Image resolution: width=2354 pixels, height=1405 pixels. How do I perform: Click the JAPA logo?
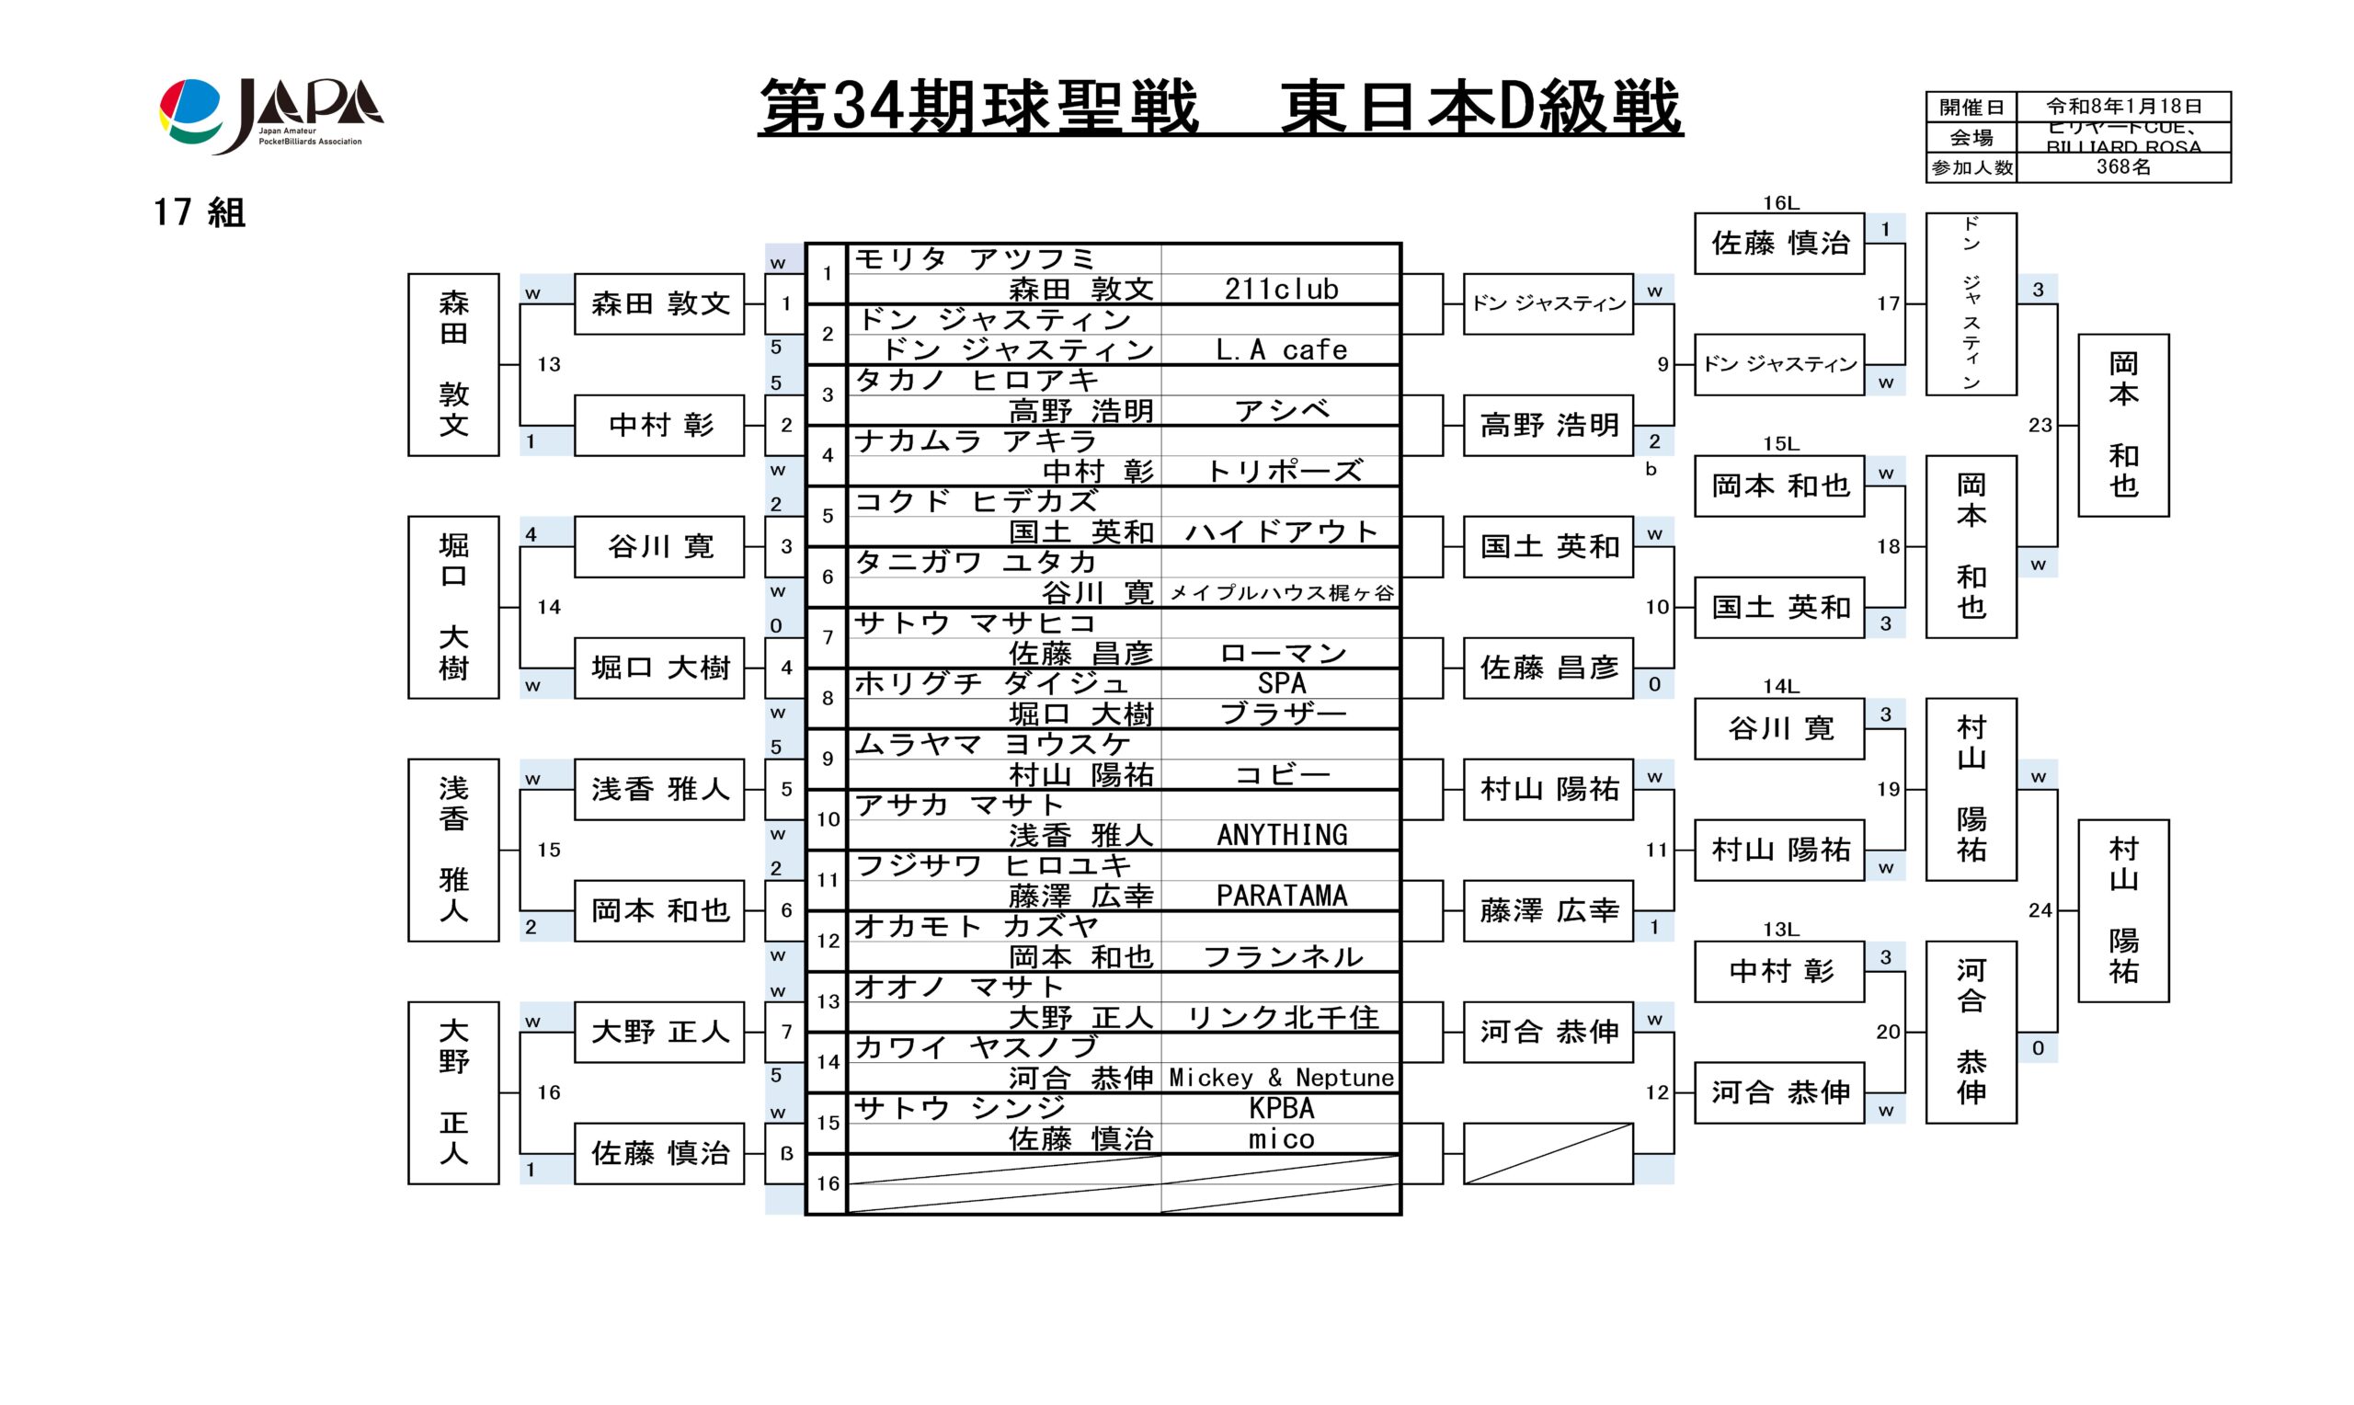pyautogui.click(x=270, y=115)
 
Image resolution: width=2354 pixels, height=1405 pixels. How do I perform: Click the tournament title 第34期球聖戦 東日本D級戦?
pyautogui.click(x=1219, y=108)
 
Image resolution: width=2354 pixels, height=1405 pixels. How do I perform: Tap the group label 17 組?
pyautogui.click(x=200, y=212)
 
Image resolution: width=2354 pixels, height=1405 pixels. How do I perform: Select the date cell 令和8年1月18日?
pyautogui.click(x=2123, y=106)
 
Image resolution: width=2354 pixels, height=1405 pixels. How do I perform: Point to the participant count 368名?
pyautogui.click(x=2123, y=167)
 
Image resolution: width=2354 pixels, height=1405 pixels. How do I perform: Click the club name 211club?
pyautogui.click(x=1281, y=289)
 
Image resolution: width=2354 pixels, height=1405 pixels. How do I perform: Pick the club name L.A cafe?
pyautogui.click(x=1281, y=350)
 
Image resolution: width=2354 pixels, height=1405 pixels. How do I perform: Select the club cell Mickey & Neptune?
pyautogui.click(x=1281, y=1078)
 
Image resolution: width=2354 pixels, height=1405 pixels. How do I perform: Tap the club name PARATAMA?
pyautogui.click(x=1281, y=896)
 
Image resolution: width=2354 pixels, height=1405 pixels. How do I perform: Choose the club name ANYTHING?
pyautogui.click(x=1281, y=835)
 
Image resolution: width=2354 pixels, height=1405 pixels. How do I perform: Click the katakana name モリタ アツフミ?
pyautogui.click(x=974, y=258)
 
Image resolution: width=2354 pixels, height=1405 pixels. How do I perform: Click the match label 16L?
pyautogui.click(x=1779, y=202)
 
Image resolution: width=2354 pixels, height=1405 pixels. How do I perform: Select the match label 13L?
pyautogui.click(x=1779, y=929)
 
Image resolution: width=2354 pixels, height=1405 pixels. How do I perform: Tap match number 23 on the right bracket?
pyautogui.click(x=2040, y=425)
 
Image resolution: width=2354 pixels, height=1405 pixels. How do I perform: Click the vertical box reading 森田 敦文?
pyautogui.click(x=453, y=364)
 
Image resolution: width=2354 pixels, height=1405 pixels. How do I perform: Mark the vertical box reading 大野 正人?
pyautogui.click(x=453, y=1092)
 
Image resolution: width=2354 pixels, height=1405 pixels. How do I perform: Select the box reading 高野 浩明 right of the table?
pyautogui.click(x=1548, y=425)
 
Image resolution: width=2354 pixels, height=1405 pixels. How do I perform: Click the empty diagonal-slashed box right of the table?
pyautogui.click(x=1548, y=1153)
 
